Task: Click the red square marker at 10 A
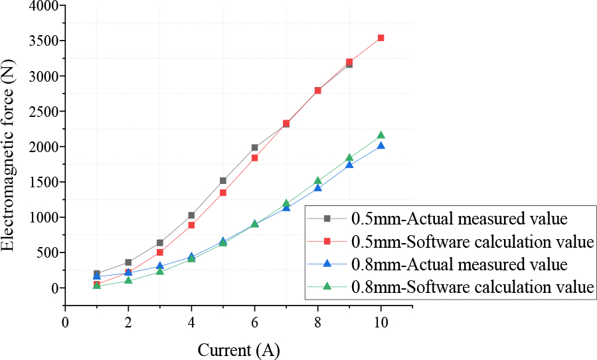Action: tap(381, 38)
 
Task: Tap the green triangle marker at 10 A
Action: tap(381, 135)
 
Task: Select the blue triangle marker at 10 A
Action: tap(381, 145)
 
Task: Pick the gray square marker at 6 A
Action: tap(254, 147)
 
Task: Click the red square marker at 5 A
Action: tap(223, 193)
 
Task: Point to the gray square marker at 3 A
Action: tap(160, 243)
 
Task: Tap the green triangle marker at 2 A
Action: tap(128, 280)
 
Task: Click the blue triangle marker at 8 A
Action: tap(317, 188)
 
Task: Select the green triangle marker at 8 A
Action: tap(317, 181)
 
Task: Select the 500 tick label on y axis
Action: tap(45, 253)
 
